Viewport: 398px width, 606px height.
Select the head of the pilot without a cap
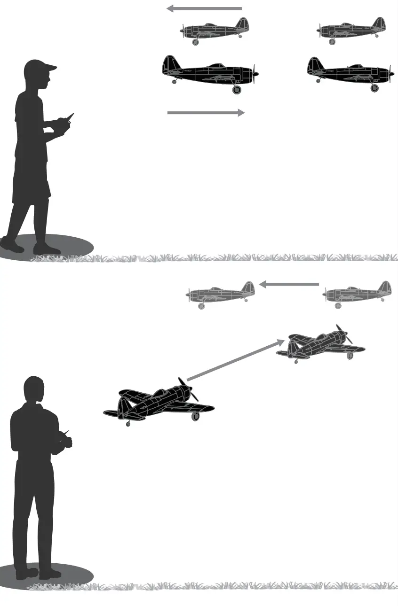click(33, 389)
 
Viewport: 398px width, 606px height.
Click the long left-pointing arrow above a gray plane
click(204, 8)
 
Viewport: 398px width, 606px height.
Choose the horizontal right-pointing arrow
click(206, 113)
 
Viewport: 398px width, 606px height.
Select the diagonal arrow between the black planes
click(234, 360)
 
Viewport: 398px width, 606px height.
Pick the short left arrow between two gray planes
click(289, 284)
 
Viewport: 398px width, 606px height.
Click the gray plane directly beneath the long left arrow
click(215, 31)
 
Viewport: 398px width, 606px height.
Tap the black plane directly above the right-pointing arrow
click(210, 73)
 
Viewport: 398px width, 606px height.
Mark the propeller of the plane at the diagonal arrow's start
click(188, 389)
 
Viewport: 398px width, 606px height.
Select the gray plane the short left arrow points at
click(221, 295)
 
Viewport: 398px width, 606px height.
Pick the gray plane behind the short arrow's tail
click(357, 294)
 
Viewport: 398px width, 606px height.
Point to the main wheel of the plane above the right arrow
click(237, 89)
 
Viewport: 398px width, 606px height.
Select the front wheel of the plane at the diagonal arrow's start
click(195, 416)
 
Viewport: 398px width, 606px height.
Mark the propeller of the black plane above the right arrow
click(255, 74)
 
